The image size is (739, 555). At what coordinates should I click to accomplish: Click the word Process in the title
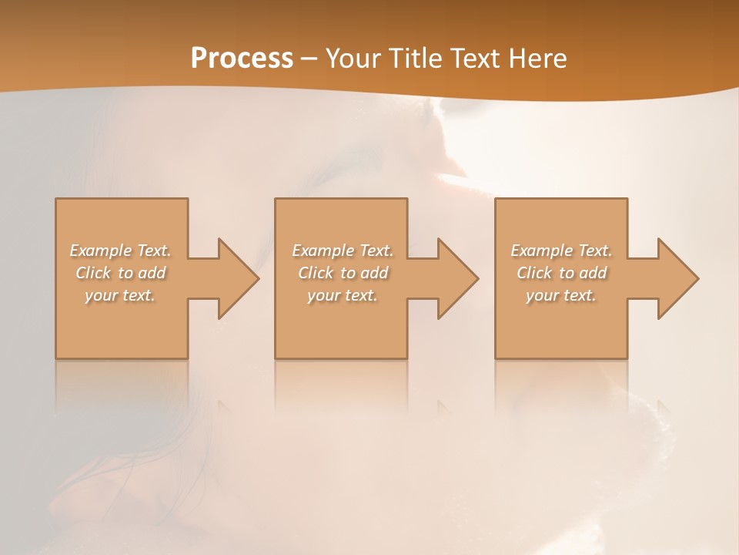click(x=242, y=59)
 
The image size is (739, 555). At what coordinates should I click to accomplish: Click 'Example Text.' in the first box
click(x=121, y=251)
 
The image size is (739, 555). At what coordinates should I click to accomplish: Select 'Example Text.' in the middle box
click(x=343, y=251)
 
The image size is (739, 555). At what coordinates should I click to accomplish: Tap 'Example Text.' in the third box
click(x=561, y=251)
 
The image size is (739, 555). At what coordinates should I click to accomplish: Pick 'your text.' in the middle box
click(x=343, y=295)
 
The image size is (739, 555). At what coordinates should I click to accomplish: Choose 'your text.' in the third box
click(x=561, y=295)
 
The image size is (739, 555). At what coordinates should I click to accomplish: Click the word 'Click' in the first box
click(x=93, y=273)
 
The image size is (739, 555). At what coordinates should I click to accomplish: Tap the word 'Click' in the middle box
click(x=316, y=273)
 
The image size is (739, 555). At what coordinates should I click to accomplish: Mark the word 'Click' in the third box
click(x=534, y=273)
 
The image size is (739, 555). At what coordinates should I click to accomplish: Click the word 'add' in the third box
click(x=592, y=273)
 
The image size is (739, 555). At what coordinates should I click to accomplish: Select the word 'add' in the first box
click(x=152, y=273)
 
